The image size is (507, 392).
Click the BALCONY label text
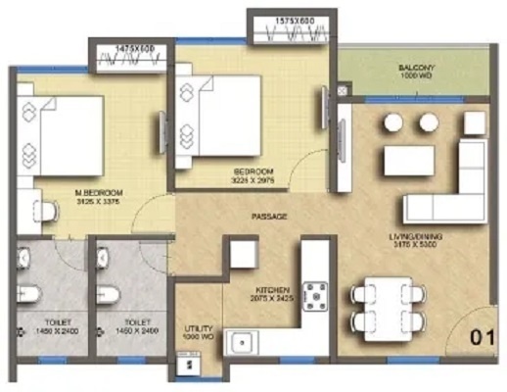pyautogui.click(x=409, y=68)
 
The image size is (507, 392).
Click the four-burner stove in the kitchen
pyautogui.click(x=316, y=292)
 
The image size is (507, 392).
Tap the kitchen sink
pyautogui.click(x=243, y=343)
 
